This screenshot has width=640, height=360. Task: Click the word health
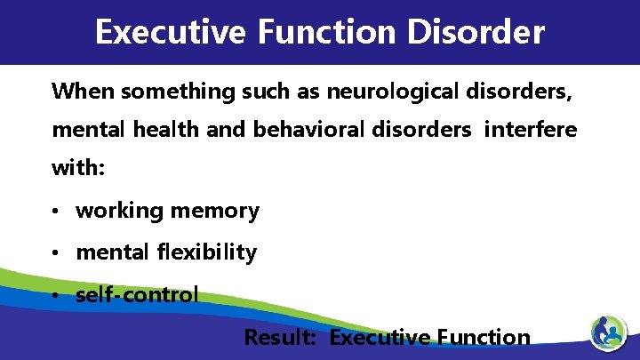(x=168, y=131)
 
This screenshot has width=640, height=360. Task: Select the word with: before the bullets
(x=78, y=169)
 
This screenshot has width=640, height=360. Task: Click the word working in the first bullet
(x=120, y=212)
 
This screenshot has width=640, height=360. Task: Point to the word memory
(x=215, y=212)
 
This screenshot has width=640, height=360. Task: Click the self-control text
(x=138, y=294)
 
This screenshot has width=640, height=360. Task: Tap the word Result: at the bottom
(x=283, y=338)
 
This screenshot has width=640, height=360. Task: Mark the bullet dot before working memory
(x=56, y=212)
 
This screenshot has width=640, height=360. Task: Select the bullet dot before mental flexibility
(x=56, y=253)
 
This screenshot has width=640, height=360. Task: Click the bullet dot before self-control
(x=56, y=295)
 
